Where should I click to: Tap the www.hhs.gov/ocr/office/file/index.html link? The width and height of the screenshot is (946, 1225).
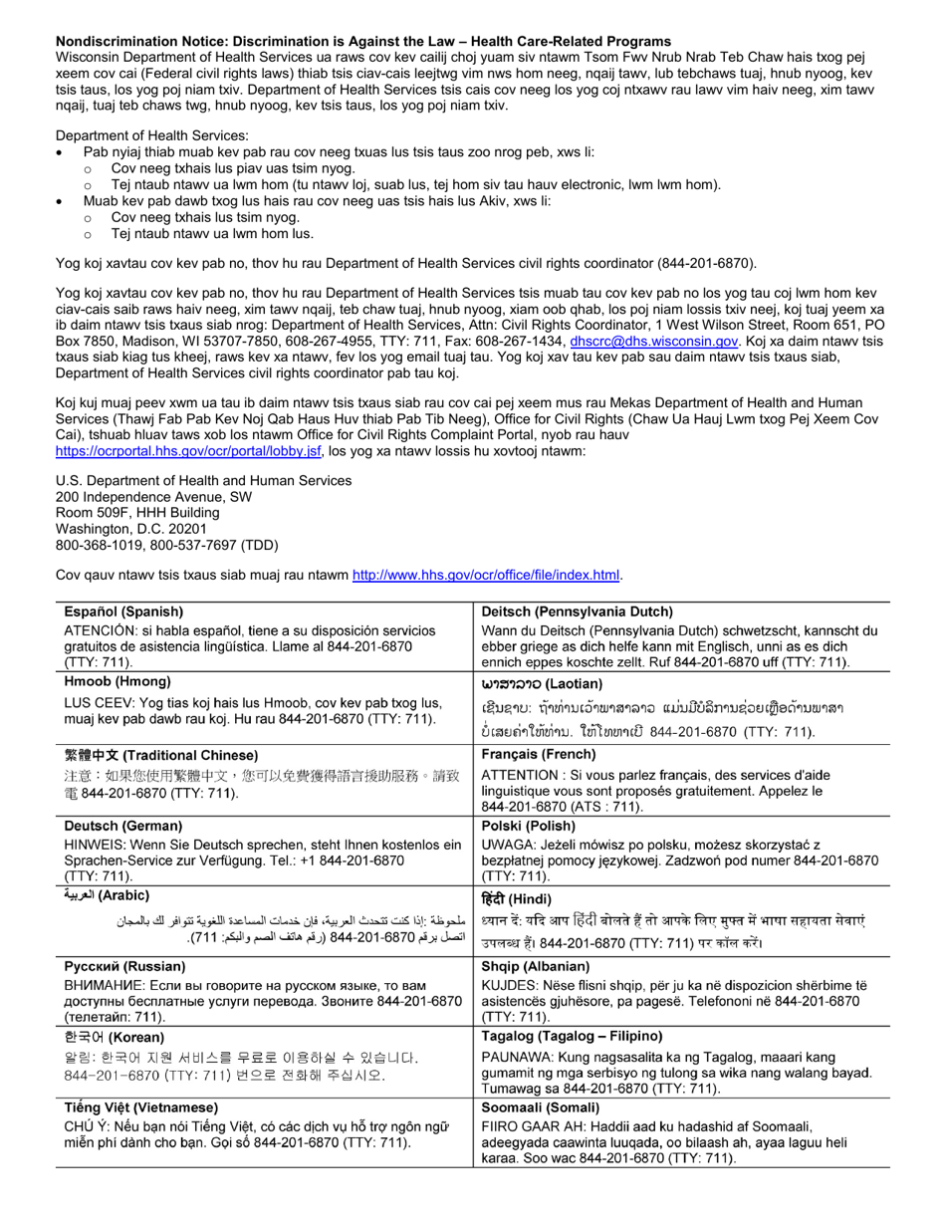[486, 575]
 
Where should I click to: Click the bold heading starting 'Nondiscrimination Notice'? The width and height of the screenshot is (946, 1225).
[363, 41]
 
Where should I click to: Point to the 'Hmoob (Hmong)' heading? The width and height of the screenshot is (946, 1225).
[118, 681]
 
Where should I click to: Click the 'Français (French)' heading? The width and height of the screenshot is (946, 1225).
[539, 755]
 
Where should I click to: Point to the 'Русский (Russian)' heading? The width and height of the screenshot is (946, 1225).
[124, 966]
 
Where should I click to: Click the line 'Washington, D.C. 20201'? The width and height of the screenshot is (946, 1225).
[131, 529]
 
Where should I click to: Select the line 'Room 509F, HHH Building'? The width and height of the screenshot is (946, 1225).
[137, 513]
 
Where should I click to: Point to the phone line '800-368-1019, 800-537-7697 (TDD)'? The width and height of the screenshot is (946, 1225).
[166, 545]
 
